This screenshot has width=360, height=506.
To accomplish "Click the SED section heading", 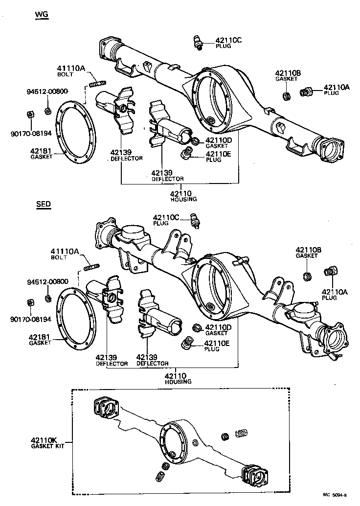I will coord(43,204).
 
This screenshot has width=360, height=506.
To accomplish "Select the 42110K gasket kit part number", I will coord(45,440).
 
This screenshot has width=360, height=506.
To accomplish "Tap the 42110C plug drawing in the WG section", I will coord(197,42).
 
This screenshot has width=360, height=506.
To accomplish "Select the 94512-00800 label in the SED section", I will coord(47,282).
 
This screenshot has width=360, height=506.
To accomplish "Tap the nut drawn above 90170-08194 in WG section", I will coord(29,115).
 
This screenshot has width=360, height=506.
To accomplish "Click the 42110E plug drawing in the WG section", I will coord(186,156).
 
